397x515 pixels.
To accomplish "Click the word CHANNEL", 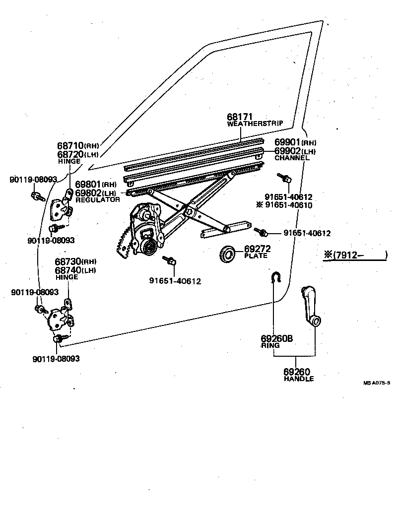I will (292, 158).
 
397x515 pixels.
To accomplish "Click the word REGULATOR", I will (98, 199).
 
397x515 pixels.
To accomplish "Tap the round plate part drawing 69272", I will (228, 254).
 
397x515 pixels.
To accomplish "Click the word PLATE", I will (256, 256).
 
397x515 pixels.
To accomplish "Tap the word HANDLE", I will (299, 379).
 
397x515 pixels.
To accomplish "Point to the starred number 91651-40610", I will (288, 205).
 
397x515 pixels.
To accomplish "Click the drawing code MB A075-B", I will (376, 383).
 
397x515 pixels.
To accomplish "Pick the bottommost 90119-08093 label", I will (57, 359).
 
